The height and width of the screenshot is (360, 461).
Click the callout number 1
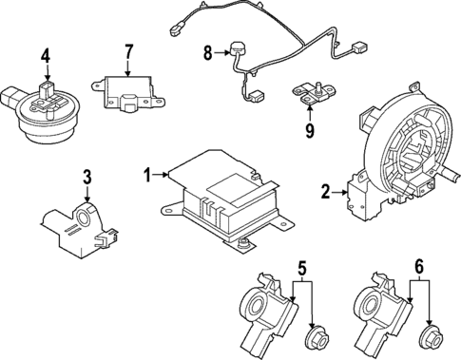(x=147, y=174)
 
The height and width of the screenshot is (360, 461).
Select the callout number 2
(x=325, y=193)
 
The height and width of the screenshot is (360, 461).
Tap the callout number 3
(x=86, y=176)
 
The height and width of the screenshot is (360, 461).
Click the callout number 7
(x=130, y=49)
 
